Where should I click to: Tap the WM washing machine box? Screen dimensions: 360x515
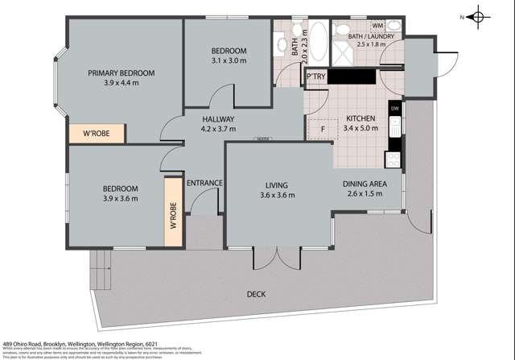click(377, 26)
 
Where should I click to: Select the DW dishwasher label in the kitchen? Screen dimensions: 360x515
click(394, 108)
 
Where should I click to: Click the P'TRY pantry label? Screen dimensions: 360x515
click(315, 77)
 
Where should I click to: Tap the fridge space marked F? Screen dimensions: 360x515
click(322, 127)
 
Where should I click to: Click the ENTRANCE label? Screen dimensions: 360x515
click(204, 183)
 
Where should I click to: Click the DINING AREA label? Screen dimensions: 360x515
click(365, 184)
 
